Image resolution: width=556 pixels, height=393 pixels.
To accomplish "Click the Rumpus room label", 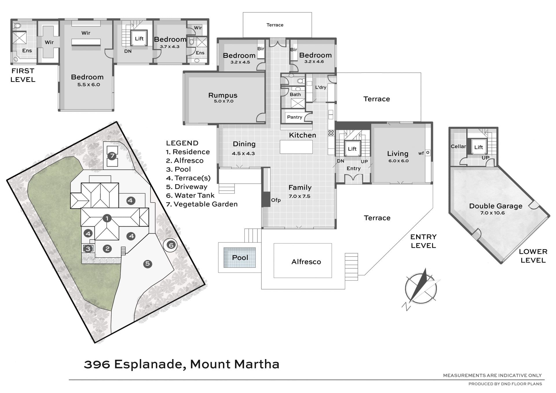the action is tap(223, 95).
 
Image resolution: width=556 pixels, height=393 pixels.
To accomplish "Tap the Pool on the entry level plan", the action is tap(240, 257).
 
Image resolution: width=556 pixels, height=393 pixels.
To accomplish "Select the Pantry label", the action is tap(295, 117).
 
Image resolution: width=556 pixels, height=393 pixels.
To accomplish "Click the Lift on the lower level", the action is tap(478, 147).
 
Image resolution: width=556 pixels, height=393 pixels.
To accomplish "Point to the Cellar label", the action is tap(458, 146).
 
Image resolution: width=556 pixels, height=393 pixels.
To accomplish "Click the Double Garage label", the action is tap(496, 206).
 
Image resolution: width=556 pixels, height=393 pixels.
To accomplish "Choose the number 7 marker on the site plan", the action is tap(112, 156).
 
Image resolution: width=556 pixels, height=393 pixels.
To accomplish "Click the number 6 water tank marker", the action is tap(171, 245).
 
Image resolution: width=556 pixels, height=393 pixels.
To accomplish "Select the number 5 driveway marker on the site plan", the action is tap(147, 264).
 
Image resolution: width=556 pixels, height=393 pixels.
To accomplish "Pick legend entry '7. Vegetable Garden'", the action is tap(202, 204).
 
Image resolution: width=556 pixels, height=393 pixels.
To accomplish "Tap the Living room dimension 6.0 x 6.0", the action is tap(398, 161).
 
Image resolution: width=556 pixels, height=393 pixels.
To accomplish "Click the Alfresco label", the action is tap(306, 262).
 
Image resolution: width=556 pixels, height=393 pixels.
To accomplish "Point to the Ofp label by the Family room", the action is tap(276, 200).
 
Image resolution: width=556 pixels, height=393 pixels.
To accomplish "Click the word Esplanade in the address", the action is tap(150, 364).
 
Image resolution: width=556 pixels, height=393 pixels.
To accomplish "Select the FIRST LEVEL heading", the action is tap(23, 75).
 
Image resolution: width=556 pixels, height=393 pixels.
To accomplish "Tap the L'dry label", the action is tap(321, 87).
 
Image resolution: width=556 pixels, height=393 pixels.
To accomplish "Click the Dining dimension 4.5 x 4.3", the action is tap(243, 153).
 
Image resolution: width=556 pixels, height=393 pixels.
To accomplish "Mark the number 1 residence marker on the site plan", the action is tap(107, 218).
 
